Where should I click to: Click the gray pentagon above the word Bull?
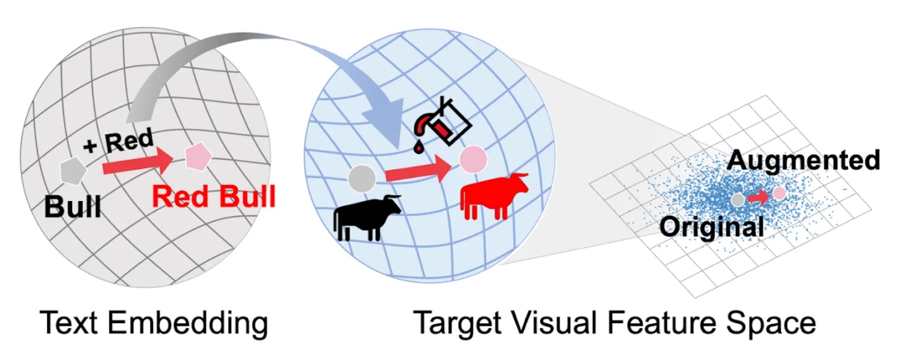point(73,171)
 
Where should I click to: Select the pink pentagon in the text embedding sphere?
point(198,156)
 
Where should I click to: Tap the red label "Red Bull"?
point(213,197)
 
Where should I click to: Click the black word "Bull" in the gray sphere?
point(73,207)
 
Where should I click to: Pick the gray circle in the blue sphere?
point(362,178)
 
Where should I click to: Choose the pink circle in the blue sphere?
point(473,159)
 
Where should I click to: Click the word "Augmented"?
point(803,160)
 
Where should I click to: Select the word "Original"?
point(711,226)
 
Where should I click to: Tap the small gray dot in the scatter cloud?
point(738,200)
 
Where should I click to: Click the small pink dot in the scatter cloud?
point(779,193)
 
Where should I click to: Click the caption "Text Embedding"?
point(154,323)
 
